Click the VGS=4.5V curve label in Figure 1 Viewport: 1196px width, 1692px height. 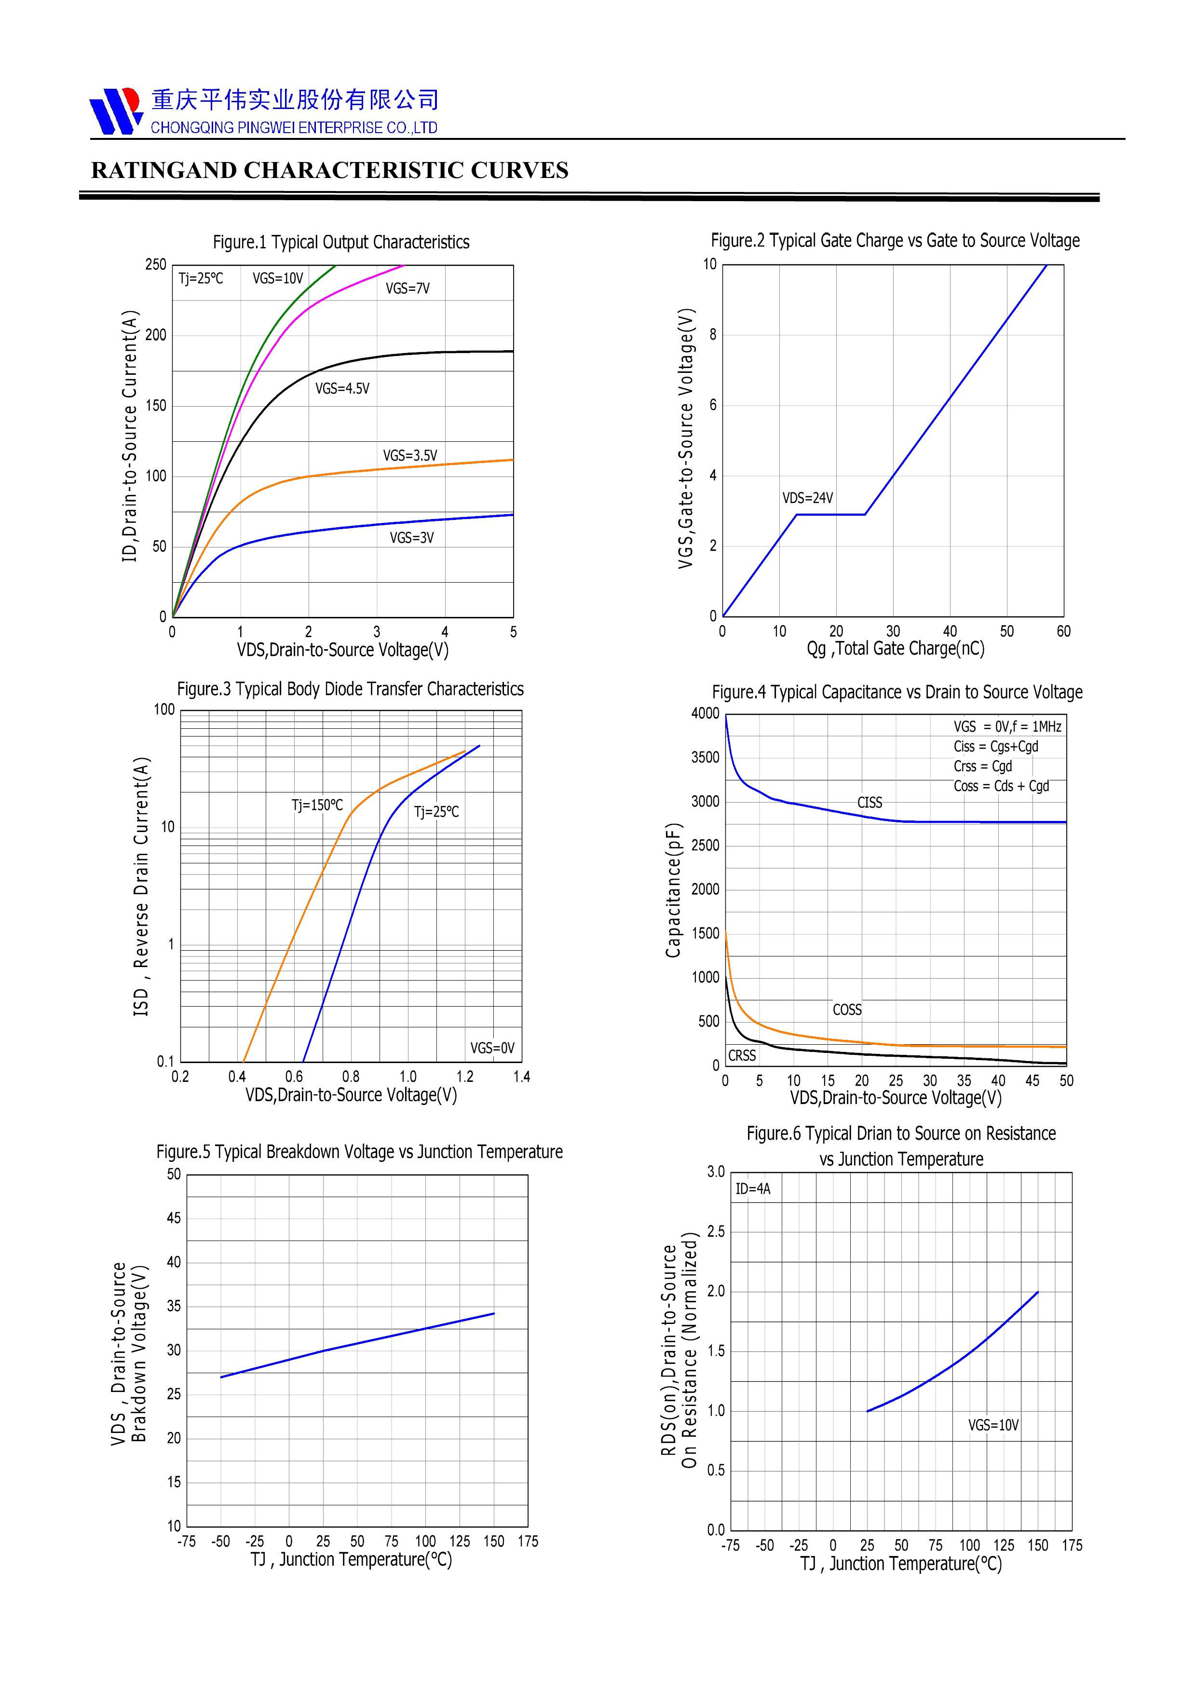(342, 388)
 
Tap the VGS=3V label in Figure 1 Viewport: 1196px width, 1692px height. (411, 538)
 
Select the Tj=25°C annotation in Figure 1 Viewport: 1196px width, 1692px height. (201, 279)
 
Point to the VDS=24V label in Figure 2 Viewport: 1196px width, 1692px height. (808, 498)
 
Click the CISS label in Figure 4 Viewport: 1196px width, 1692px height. (870, 803)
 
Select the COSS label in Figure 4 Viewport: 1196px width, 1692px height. (847, 1010)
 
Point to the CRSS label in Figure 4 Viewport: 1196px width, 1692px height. (742, 1055)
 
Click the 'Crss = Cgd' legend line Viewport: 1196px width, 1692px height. (982, 766)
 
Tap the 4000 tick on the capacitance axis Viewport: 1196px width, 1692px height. (705, 713)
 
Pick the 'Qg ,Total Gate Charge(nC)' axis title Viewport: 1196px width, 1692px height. (896, 649)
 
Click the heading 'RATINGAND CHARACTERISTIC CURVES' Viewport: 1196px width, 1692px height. (329, 170)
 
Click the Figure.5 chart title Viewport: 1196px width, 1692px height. (359, 1151)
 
